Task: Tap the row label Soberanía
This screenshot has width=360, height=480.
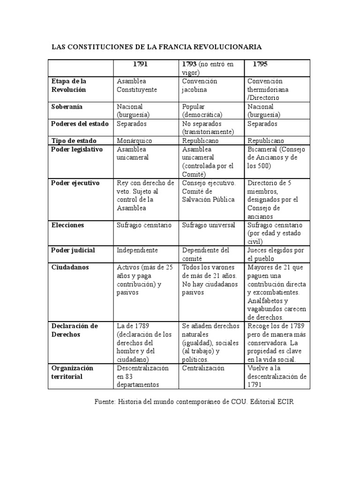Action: [67, 107]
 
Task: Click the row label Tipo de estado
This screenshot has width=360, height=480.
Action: [74, 141]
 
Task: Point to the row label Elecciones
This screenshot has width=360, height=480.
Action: [68, 225]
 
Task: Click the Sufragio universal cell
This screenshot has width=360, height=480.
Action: [209, 225]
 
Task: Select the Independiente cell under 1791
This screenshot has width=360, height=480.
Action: [137, 250]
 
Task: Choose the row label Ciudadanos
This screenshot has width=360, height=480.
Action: [70, 267]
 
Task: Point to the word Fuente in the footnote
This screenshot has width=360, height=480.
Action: [104, 402]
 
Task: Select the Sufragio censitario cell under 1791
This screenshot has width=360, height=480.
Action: [144, 225]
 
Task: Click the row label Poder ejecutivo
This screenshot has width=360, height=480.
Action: [75, 183]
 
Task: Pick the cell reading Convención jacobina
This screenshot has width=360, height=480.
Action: [200, 85]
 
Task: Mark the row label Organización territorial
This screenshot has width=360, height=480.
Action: [73, 372]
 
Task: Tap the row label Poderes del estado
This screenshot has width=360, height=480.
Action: [80, 124]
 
